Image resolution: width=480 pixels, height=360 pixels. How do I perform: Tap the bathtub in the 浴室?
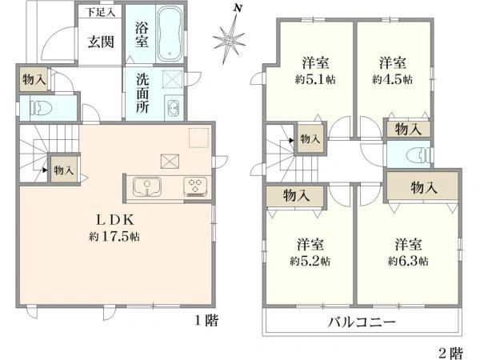(170, 34)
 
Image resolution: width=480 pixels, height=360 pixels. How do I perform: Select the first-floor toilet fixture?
(42, 108)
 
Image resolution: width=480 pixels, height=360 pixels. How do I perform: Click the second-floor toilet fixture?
(420, 154)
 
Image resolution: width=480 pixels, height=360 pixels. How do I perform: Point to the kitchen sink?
(147, 186)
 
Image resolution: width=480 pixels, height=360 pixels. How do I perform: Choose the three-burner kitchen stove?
(195, 186)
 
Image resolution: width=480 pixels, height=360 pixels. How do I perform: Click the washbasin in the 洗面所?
(174, 108)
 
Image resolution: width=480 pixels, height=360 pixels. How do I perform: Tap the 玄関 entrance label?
(101, 42)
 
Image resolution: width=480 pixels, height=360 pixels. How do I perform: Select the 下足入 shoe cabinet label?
(100, 12)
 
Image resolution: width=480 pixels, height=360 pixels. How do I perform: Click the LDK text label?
(114, 219)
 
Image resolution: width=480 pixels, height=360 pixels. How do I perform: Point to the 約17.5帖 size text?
(114, 236)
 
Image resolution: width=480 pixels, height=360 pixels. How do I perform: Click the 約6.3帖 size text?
(408, 261)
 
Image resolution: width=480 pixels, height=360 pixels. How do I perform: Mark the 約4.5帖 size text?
(392, 79)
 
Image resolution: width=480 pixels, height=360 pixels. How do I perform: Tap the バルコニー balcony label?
(362, 322)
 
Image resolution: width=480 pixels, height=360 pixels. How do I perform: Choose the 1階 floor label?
(207, 321)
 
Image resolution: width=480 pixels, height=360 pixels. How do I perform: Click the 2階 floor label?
(450, 354)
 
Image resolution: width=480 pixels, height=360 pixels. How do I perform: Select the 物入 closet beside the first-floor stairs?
(64, 170)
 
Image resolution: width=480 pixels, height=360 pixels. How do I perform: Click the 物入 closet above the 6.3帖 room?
(423, 187)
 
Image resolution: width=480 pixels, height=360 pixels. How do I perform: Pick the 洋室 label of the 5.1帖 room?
(316, 63)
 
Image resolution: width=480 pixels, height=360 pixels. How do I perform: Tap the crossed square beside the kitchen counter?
(170, 162)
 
